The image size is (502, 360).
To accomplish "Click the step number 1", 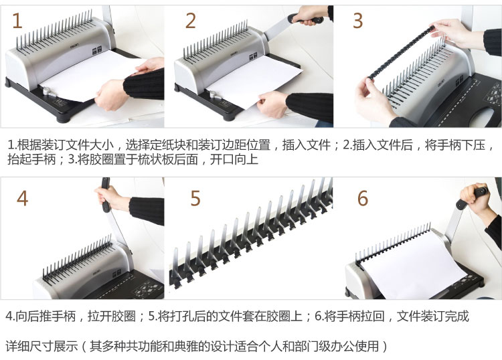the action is tap(17, 21).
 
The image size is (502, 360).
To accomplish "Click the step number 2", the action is tap(191, 21).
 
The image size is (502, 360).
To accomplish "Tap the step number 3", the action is tap(357, 21).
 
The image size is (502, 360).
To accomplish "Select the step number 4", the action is tap(22, 198).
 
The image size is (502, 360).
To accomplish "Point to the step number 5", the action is tap(195, 198).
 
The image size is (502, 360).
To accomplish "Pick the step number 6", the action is tap(363, 198).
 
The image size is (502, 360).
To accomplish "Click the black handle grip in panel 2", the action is tap(305, 19).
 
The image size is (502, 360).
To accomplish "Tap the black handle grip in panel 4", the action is tap(106, 195).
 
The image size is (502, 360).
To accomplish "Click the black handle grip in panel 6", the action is tap(473, 197).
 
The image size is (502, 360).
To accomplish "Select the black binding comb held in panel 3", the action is tap(402, 52).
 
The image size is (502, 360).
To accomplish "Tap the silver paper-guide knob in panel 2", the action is tap(213, 95).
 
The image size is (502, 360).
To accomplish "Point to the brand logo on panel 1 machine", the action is tap(75, 46).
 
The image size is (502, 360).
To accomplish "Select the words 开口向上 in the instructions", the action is tap(234, 159).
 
